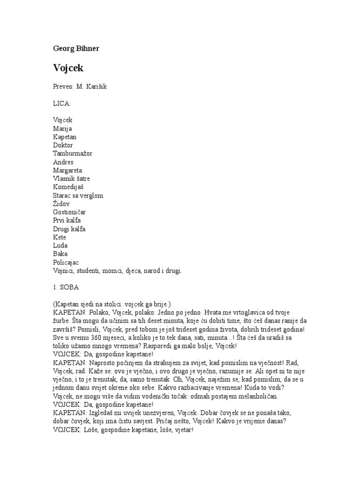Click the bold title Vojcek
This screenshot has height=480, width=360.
69,68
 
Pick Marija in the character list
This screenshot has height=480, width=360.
63,128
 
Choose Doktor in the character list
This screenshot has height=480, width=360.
63,145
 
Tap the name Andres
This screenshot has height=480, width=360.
63,162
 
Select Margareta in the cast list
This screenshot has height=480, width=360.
67,171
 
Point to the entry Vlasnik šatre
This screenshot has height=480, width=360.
72,179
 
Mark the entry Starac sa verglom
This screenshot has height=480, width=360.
78,195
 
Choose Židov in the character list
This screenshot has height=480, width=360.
62,204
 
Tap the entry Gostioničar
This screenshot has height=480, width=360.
69,212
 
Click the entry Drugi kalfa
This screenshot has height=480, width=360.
69,229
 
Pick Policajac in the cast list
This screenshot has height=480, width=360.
67,262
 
